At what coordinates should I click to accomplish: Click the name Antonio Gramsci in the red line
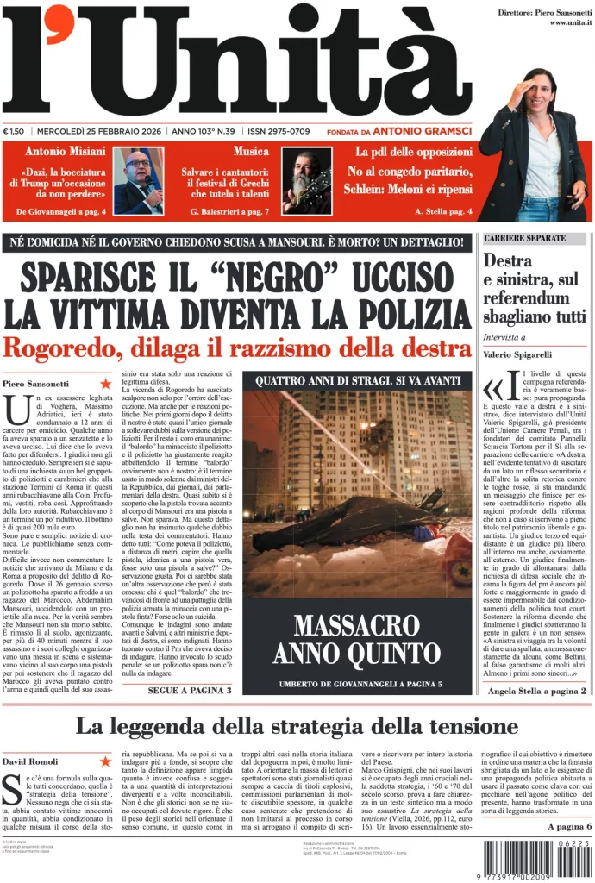click(x=428, y=131)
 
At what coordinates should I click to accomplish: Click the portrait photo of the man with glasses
click(x=138, y=180)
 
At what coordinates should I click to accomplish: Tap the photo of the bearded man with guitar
click(x=306, y=180)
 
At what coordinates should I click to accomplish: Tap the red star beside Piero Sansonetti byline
click(x=105, y=383)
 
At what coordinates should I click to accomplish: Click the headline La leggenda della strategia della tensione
click(x=297, y=726)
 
